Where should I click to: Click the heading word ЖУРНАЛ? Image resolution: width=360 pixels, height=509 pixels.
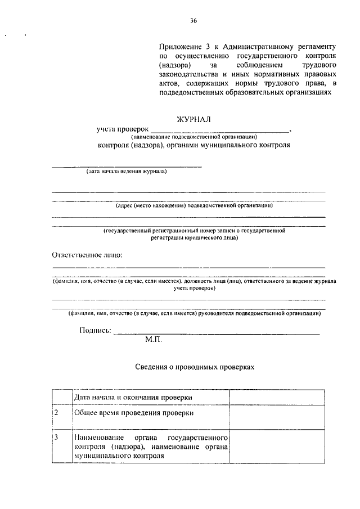[194, 119]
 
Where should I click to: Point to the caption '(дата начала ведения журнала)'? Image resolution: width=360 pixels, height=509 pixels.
[127, 172]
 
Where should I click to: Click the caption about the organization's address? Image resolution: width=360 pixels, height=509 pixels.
[194, 206]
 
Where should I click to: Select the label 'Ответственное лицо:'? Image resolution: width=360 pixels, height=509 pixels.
[87, 255]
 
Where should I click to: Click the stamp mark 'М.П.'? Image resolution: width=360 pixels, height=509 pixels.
[154, 340]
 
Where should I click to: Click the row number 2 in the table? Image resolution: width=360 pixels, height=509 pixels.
[56, 413]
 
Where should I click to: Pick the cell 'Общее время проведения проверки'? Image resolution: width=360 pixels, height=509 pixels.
[134, 413]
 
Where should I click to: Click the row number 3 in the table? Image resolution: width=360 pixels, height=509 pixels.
[56, 437]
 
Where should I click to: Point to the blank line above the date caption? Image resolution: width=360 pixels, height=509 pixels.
[127, 166]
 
